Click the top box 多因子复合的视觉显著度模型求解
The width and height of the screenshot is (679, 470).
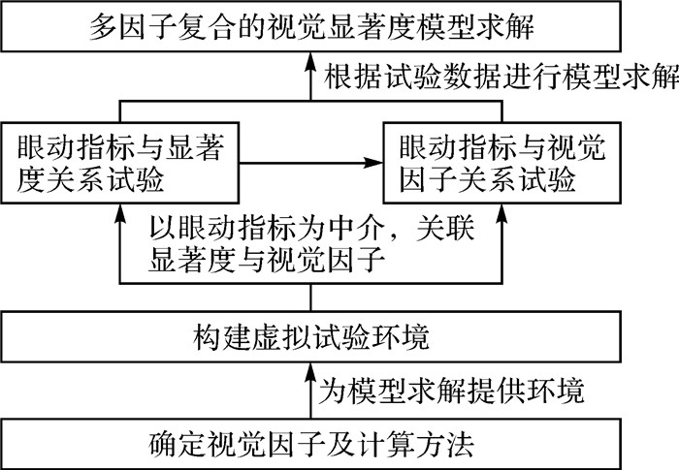339,25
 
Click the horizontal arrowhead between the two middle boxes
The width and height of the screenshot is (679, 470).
376,164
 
